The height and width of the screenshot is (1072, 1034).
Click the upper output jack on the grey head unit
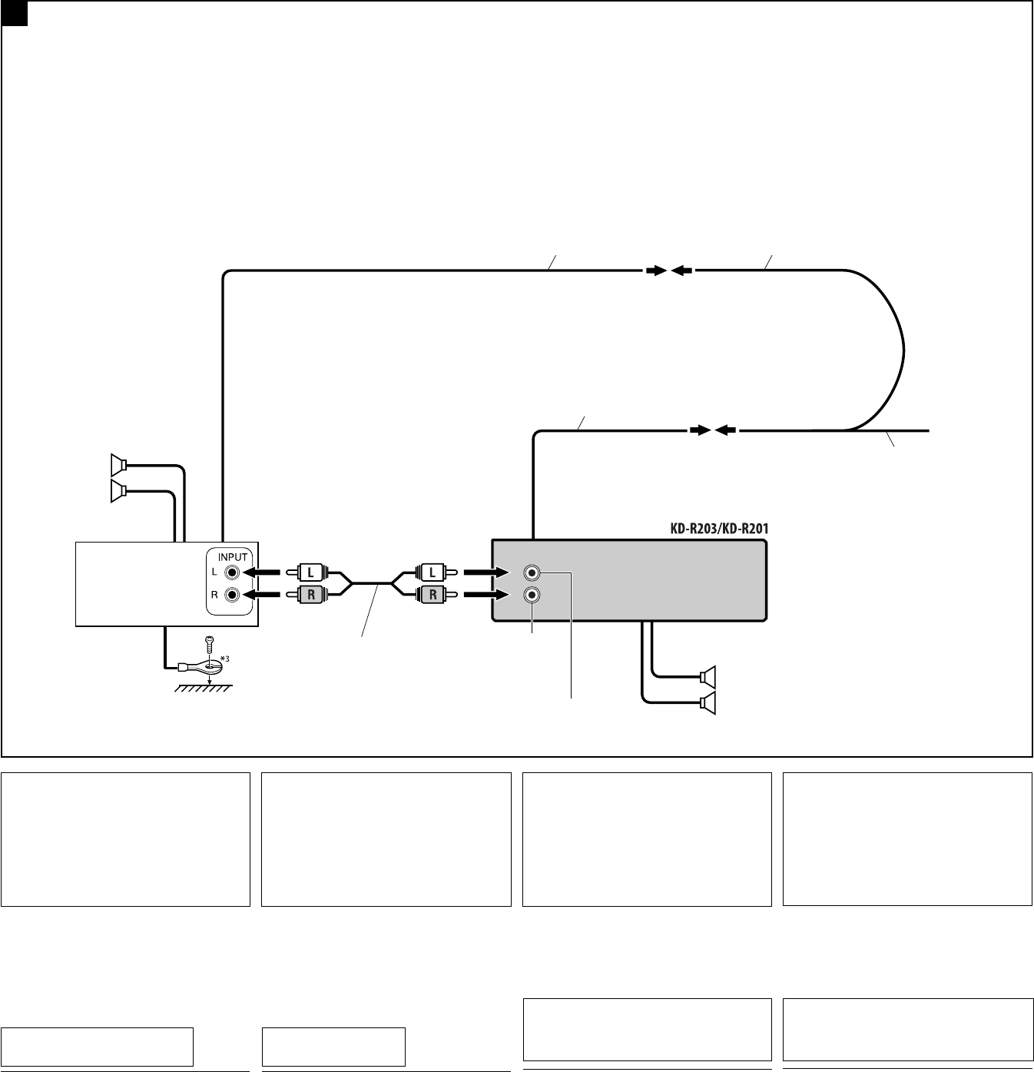click(532, 573)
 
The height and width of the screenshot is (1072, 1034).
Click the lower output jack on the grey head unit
click(532, 595)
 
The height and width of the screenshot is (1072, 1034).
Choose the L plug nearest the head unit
click(432, 573)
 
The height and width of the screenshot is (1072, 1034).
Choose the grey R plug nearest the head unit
click(432, 595)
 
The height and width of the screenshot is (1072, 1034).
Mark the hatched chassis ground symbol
click(202, 689)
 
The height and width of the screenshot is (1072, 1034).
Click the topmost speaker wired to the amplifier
click(118, 465)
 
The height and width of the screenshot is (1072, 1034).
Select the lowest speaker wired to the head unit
click(708, 702)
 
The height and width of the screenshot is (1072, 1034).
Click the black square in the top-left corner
click(14, 13)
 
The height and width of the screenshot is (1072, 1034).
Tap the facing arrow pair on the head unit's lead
click(712, 430)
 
